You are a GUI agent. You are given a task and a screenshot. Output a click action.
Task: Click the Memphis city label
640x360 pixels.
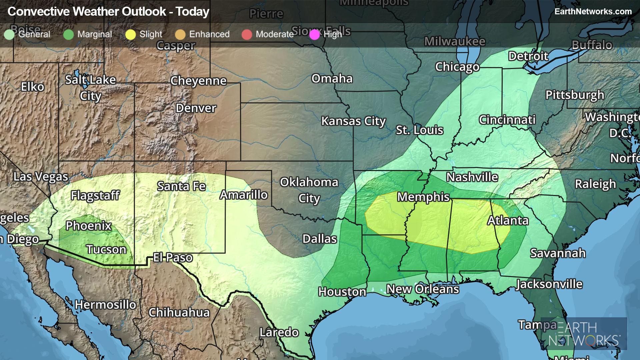[423, 197]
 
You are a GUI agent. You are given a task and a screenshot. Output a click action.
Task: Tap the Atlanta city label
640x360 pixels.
[508, 221]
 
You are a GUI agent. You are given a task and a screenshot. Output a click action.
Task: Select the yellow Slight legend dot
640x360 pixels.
[131, 34]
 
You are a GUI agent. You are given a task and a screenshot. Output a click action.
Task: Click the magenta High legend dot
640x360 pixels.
[314, 34]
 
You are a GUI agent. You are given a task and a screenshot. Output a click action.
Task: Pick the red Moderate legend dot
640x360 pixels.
[247, 34]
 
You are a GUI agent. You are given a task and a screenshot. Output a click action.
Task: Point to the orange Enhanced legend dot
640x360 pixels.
[180, 34]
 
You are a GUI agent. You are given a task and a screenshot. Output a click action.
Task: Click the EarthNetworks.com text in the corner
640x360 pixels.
[593, 11]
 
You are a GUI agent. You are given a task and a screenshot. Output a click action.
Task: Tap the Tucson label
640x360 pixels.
[106, 249]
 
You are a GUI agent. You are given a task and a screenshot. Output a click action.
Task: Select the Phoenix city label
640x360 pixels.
[88, 226]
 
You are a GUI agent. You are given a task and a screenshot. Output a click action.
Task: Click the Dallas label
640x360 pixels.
[319, 239]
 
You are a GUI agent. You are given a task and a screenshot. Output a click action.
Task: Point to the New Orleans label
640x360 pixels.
[423, 289]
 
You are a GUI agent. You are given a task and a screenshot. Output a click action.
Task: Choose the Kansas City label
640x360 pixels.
[353, 121]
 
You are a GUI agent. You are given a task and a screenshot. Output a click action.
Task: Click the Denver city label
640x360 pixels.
[196, 108]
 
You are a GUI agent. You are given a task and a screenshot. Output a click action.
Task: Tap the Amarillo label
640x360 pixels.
[244, 195]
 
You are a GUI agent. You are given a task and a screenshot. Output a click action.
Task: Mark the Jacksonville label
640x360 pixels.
[549, 284]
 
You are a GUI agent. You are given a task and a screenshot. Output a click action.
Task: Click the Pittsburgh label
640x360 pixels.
[575, 95]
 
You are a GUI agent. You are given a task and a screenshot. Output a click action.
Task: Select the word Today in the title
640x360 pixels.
[193, 12]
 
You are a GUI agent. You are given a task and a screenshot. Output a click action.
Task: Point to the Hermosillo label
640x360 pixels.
[105, 304]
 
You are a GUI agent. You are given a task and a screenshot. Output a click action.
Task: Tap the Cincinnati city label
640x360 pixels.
[507, 120]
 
